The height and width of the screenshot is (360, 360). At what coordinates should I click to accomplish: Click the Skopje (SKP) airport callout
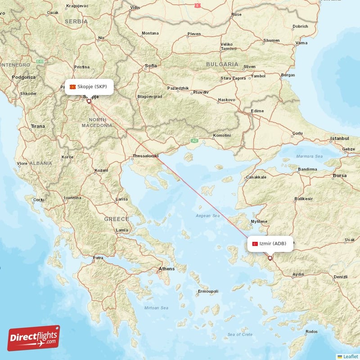(88, 86)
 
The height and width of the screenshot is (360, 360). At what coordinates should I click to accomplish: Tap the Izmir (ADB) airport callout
(270, 243)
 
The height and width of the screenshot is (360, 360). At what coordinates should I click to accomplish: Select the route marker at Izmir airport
(270, 258)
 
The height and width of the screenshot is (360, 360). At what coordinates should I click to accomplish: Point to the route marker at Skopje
(89, 101)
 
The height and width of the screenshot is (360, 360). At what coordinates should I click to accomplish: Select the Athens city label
(166, 269)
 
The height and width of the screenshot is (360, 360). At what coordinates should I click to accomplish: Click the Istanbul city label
(340, 138)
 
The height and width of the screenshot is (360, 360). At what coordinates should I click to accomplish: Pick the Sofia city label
(151, 66)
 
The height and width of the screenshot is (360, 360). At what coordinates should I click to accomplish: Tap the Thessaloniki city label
(145, 156)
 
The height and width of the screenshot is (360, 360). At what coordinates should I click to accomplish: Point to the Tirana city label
(38, 126)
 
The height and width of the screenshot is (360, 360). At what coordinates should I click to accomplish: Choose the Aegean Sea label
(207, 216)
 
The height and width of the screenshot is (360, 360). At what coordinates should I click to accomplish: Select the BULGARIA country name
(222, 64)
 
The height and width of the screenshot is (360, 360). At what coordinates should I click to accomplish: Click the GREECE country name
(117, 219)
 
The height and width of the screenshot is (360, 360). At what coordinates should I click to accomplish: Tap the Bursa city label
(339, 175)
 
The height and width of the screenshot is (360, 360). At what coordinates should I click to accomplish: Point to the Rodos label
(311, 332)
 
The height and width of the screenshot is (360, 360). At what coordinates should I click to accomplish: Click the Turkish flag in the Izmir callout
(255, 243)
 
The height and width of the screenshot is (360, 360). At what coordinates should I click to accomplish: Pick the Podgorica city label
(24, 77)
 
